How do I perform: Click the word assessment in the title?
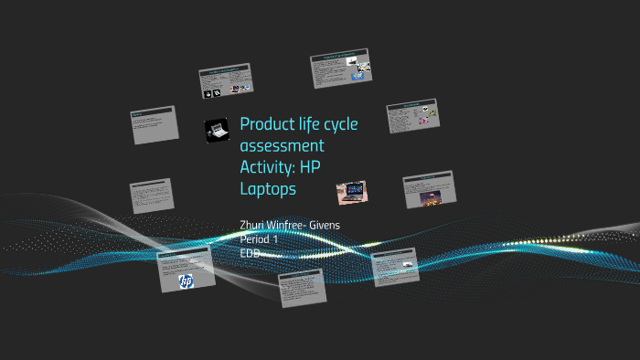coord(282,146)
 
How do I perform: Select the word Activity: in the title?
coord(269,167)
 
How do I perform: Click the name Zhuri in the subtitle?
coord(252,225)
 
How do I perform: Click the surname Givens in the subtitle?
coord(325,225)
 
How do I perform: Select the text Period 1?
coord(259,238)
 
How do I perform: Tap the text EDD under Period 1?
coord(251,251)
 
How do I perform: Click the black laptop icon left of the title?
coord(218,131)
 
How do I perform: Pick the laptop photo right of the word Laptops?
coord(352,192)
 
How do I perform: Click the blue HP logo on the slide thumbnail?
coord(187,281)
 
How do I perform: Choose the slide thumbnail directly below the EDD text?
coord(302,287)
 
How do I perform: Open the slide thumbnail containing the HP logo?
coord(186,270)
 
